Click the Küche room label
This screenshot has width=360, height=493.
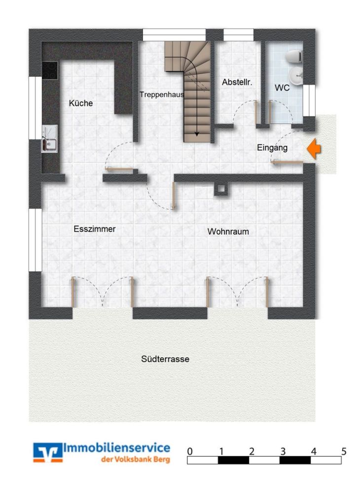coord(81,104)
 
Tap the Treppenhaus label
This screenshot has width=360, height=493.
coord(161,94)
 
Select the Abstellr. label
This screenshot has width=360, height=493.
coord(237,82)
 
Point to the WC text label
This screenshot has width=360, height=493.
coord(282,88)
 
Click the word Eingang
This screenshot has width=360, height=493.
coord(272,147)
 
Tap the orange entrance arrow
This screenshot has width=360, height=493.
coord(313,148)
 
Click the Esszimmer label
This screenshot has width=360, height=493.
coord(94,229)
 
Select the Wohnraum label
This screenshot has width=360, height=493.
coord(228,231)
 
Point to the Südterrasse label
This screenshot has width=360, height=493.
coord(165,359)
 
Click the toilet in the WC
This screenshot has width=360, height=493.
coord(296,57)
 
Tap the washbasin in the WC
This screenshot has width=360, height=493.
coord(297,76)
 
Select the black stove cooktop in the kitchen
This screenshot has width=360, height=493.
coord(50,70)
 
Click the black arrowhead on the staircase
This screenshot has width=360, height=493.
coord(197,133)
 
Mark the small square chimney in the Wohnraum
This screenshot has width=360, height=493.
coord(220,189)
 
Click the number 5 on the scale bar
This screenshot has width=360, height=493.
coord(344,452)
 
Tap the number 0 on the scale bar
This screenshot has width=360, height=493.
coord(190,452)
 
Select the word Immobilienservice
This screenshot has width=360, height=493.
coord(117,448)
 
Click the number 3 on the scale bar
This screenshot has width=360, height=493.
coord(283,452)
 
